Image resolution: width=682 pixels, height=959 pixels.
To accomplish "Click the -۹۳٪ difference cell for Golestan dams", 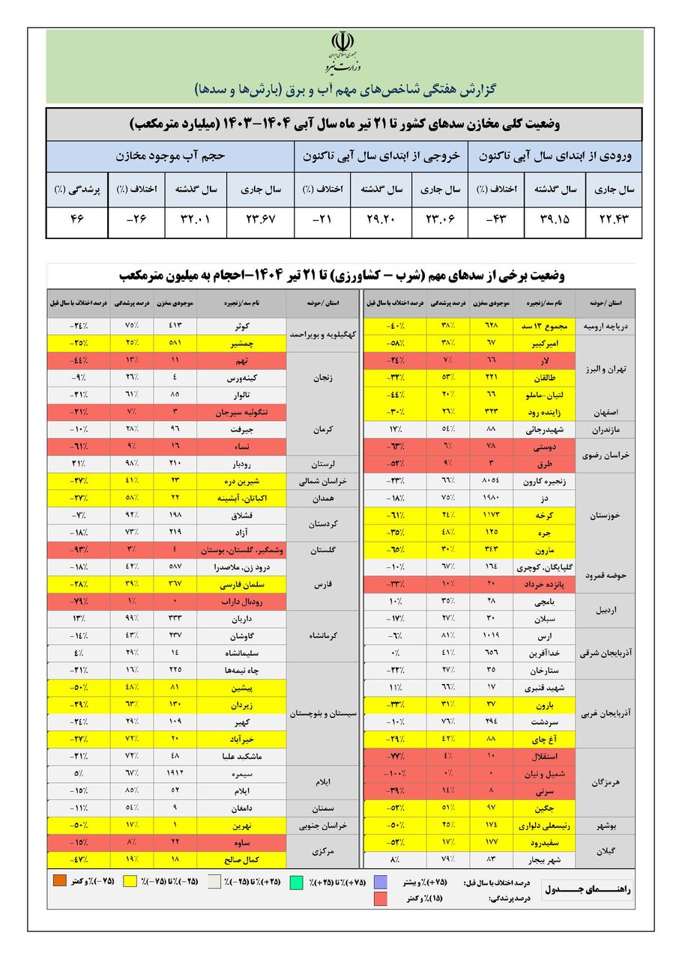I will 77,549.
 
